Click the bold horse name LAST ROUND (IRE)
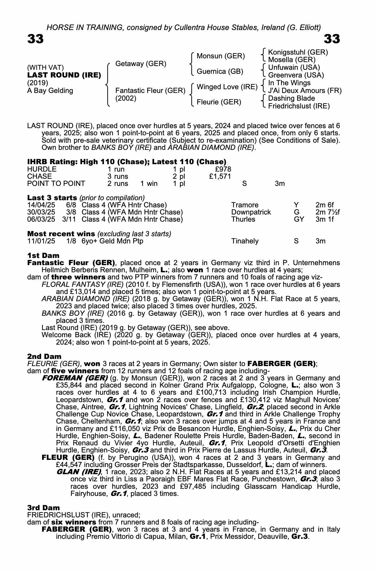[x=64, y=75]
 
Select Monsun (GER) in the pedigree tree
[x=221, y=56]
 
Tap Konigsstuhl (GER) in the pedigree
[x=298, y=52]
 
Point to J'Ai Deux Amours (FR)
[x=305, y=91]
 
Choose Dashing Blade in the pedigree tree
[x=291, y=98]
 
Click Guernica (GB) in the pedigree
[x=220, y=71]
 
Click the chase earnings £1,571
[x=220, y=176]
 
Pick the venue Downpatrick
[x=251, y=212]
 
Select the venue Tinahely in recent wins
[x=245, y=241]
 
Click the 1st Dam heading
[x=43, y=255]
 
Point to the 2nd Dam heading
[x=44, y=356]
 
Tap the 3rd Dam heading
[x=44, y=508]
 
